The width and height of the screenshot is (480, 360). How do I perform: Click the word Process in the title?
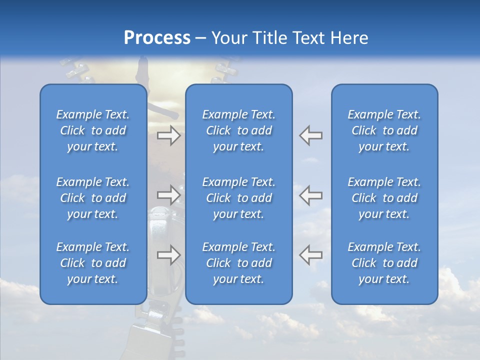[x=157, y=38]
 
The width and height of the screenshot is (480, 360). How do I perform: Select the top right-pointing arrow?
[x=168, y=135]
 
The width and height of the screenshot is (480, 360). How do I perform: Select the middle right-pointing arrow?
[x=168, y=194]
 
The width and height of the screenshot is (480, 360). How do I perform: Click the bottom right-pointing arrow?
[x=168, y=255]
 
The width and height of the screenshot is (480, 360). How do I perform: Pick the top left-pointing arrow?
[x=311, y=135]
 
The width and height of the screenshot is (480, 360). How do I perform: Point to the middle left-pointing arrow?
[x=311, y=194]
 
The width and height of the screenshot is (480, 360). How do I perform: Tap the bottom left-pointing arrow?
[x=311, y=255]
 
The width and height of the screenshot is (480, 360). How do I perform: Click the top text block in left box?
[x=93, y=130]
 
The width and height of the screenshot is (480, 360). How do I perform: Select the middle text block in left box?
[x=93, y=198]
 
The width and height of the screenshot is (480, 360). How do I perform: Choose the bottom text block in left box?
[x=93, y=263]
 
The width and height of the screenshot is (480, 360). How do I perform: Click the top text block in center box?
[x=239, y=130]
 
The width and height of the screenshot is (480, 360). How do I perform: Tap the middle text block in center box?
[x=239, y=198]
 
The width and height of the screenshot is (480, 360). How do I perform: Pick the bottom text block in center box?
[x=239, y=263]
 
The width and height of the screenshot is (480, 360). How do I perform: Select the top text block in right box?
[x=384, y=130]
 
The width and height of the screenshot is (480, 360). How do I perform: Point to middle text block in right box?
[x=384, y=198]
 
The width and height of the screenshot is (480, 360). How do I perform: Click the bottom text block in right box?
[x=384, y=263]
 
